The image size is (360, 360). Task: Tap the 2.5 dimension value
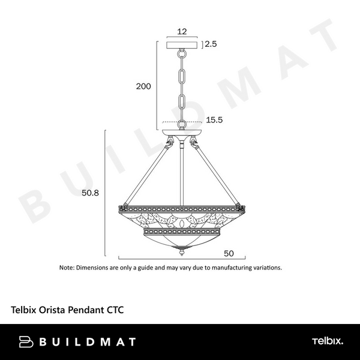[x=211, y=44]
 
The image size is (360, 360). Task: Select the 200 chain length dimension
[x=143, y=86]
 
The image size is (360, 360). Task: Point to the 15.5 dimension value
[x=214, y=120]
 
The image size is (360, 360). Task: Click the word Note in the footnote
[x=66, y=268]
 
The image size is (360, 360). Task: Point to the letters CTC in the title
[x=116, y=311]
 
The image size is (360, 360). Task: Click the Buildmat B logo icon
[x=26, y=342]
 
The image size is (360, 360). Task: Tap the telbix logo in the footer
[x=328, y=342]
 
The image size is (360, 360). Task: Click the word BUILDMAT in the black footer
[x=88, y=342]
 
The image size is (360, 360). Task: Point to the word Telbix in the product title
[x=25, y=311]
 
